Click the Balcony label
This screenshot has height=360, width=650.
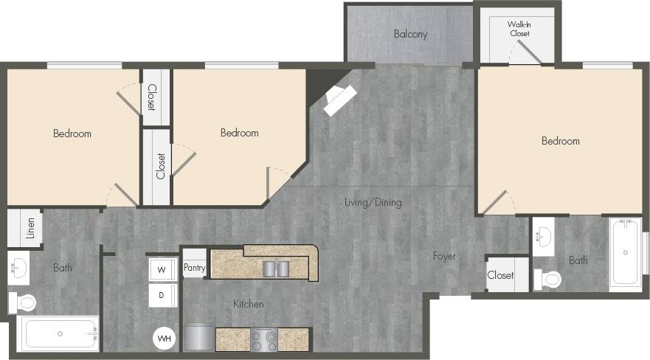coord(410,34)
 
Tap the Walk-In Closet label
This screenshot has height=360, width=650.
coord(519,29)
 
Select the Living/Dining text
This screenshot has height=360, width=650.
coord(374,202)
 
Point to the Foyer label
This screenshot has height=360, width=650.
coord(444,257)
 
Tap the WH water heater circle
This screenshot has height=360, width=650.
coord(164,339)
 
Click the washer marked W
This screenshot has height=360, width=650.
coord(162,270)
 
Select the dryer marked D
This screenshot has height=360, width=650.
coord(162,295)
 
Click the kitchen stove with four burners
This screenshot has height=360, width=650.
coord(263,339)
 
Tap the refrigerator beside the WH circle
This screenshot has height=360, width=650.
coord(198,338)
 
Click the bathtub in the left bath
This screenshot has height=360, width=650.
coord(58,333)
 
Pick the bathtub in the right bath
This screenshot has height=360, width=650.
coord(626,252)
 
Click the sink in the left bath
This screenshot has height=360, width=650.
coord(18,268)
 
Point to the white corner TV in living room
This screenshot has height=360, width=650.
coord(339,99)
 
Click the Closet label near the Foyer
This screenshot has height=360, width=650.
coord(500,275)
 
